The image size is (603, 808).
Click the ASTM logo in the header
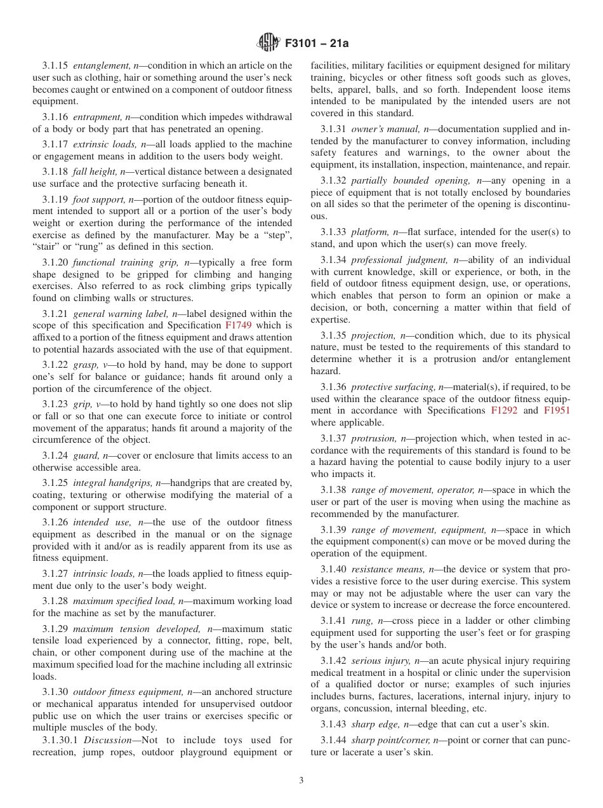click(x=268, y=43)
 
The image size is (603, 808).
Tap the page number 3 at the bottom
click(x=301, y=781)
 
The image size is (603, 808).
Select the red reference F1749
click(x=239, y=325)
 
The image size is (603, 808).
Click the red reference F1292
click(x=504, y=410)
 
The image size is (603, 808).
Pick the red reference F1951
click(x=557, y=410)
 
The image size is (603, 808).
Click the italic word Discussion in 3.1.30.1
click(x=107, y=740)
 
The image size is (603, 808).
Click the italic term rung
click(x=361, y=621)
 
